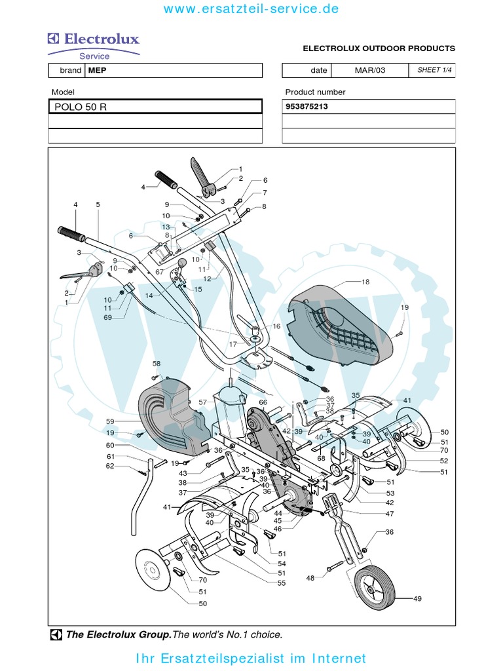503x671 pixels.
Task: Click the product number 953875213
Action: pos(307,107)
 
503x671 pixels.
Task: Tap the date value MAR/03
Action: pos(371,71)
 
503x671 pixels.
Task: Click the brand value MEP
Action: pos(97,71)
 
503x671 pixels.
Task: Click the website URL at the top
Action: pos(251,9)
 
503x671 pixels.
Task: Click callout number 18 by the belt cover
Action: pos(365,282)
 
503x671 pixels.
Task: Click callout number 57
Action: pos(202,402)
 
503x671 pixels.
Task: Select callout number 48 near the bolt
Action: pos(310,578)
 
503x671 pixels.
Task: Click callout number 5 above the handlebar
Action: pos(98,204)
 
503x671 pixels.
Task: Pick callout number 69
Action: pos(107,318)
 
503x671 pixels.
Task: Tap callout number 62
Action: pos(110,466)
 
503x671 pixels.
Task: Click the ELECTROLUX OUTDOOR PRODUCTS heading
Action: pos(378,48)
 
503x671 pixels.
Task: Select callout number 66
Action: pos(263,402)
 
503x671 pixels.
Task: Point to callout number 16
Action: pos(276,326)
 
